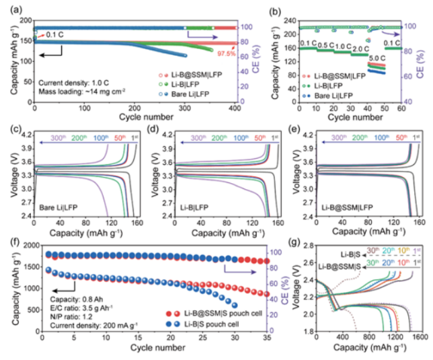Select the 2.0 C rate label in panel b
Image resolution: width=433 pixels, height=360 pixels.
[x=360, y=48]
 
